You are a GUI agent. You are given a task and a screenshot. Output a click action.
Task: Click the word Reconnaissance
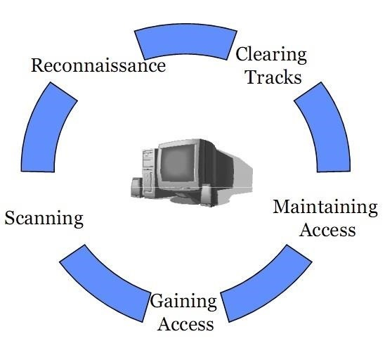click(x=98, y=65)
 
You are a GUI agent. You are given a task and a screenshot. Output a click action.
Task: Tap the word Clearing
click(x=271, y=54)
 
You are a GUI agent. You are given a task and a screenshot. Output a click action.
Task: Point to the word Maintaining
click(x=325, y=207)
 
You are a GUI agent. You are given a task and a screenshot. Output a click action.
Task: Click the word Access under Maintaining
click(x=327, y=229)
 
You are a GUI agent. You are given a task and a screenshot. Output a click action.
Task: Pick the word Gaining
click(x=183, y=302)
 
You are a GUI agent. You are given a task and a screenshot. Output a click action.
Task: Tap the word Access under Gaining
click(x=185, y=324)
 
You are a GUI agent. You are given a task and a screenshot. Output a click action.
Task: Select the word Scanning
click(x=44, y=218)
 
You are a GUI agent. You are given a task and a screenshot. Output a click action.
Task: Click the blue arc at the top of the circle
click(x=185, y=41)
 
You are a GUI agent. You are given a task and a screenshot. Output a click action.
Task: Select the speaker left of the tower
click(x=136, y=188)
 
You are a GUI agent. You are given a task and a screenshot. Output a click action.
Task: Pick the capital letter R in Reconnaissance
click(x=38, y=65)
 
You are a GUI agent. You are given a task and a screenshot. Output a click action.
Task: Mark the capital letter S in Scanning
click(x=10, y=218)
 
